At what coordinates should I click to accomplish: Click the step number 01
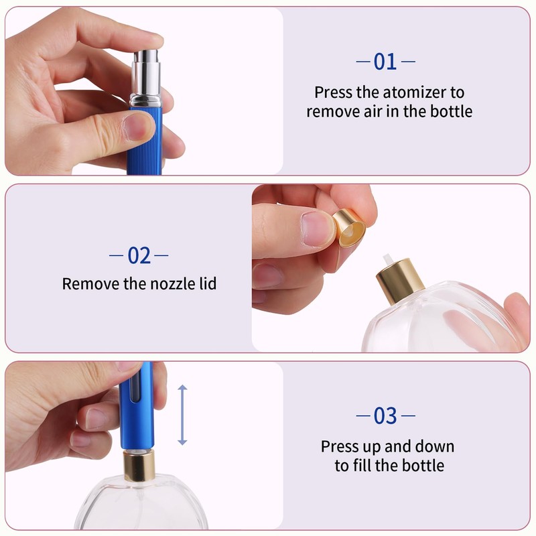point(385,62)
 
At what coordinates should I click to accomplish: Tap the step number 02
point(139,255)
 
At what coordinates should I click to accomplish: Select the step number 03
point(385,416)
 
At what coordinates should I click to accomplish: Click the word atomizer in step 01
point(414,92)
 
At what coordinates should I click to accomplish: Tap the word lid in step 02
point(208,283)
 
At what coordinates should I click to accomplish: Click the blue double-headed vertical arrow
point(182,415)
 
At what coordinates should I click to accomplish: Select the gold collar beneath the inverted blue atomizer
point(139,466)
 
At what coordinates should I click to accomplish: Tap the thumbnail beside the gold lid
point(317,228)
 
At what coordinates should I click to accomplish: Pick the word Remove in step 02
point(90,284)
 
